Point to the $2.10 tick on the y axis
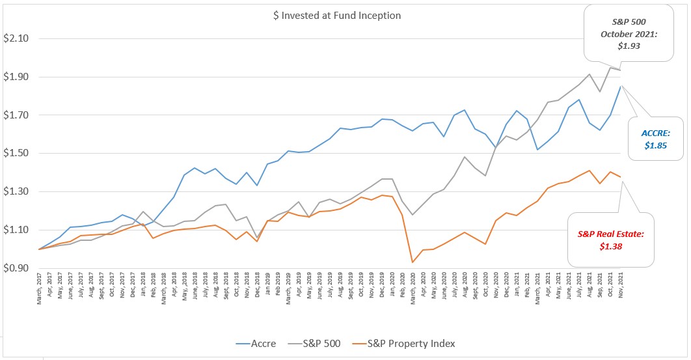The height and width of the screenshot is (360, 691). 16,38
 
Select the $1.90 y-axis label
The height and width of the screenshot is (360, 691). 16,77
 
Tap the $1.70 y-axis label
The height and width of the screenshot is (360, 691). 16,115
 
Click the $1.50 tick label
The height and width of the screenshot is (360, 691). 16,154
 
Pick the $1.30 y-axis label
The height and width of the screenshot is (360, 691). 16,192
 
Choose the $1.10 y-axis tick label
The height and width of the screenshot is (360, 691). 16,230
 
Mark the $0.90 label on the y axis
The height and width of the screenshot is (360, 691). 16,268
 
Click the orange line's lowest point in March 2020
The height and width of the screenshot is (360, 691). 412,262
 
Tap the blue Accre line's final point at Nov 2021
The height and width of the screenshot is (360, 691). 621,86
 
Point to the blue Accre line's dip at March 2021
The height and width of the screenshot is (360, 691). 538,150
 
